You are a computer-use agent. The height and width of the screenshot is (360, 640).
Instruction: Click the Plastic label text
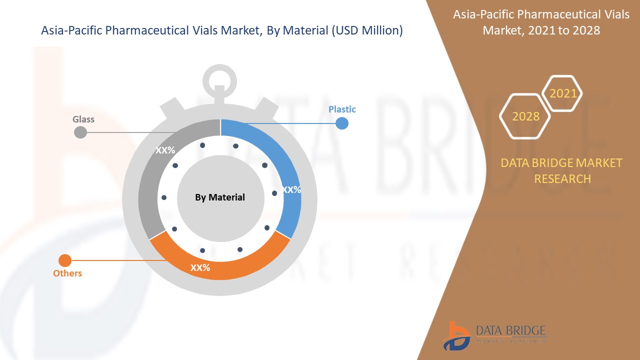point(342,109)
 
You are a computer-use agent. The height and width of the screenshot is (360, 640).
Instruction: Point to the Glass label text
point(83,119)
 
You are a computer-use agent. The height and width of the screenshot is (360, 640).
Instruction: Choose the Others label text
point(67,273)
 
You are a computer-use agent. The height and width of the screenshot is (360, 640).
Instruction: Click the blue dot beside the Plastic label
point(342,123)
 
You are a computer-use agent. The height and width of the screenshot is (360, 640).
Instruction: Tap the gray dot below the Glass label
point(80,132)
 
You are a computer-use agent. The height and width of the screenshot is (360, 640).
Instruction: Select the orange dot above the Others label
point(65,260)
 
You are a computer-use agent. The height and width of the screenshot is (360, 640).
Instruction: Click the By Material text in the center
point(220,197)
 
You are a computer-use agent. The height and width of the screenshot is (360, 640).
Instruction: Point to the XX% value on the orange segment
point(200,268)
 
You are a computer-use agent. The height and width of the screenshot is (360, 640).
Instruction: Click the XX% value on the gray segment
point(165,150)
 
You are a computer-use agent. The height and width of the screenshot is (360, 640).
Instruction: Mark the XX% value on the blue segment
point(291,190)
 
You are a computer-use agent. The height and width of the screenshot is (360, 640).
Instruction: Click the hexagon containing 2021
point(562,93)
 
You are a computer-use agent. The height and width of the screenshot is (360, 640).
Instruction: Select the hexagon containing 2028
point(525,116)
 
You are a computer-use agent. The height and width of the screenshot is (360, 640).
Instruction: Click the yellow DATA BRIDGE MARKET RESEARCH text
point(562,170)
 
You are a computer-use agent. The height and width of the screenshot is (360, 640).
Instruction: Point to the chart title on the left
point(221,30)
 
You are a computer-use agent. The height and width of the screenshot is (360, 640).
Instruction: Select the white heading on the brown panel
point(541,22)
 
